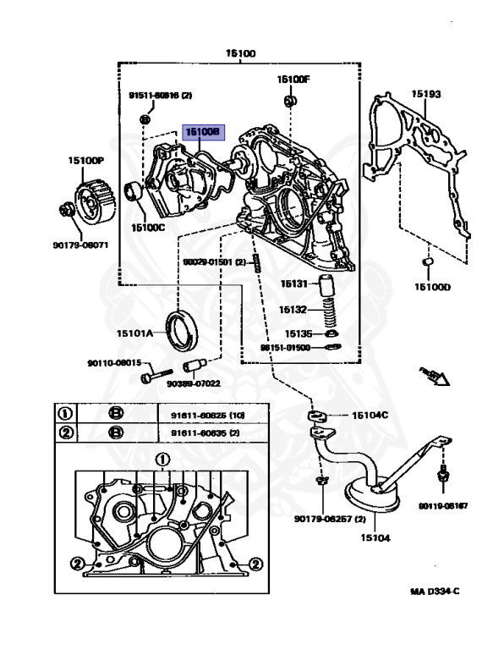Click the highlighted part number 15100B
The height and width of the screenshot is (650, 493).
coord(203,133)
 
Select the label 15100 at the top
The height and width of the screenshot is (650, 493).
coord(239,53)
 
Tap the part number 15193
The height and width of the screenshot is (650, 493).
coord(426,94)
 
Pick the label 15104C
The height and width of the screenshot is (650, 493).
coord(370,415)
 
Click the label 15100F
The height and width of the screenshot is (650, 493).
coord(294,80)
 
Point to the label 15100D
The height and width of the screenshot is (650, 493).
coord(432,286)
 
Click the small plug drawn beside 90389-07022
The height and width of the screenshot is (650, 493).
coord(194,368)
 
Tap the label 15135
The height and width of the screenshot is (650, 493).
coord(298,333)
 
